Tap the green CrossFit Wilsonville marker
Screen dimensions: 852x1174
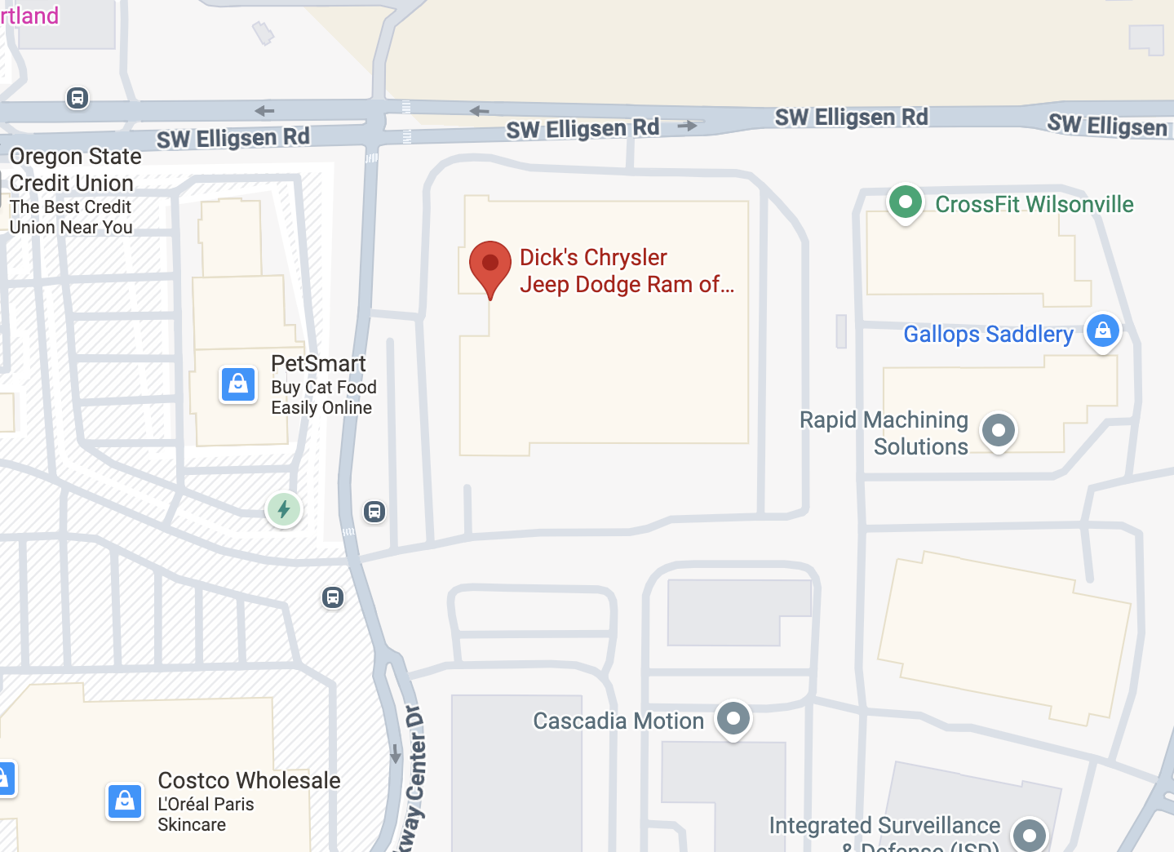tap(905, 202)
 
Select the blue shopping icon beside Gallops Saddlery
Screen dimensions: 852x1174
tap(1103, 331)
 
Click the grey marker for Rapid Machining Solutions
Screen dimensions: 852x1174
tap(999, 429)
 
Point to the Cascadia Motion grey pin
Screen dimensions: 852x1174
tap(733, 718)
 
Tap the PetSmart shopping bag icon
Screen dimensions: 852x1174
tap(238, 384)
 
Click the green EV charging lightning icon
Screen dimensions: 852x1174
tap(284, 509)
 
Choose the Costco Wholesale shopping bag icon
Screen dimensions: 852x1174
tap(125, 801)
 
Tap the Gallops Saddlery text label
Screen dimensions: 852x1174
tap(988, 335)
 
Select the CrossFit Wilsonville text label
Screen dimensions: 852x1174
tap(1034, 204)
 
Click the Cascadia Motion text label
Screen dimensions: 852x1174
tap(618, 721)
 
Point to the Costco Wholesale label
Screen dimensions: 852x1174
tap(249, 781)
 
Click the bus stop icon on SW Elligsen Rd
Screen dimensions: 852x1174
tap(78, 99)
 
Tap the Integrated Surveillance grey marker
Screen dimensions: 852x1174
tap(1030, 834)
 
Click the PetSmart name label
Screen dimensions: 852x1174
tap(318, 363)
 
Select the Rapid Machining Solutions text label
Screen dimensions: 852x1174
tap(884, 433)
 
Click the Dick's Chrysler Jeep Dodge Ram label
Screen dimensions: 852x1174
tap(626, 271)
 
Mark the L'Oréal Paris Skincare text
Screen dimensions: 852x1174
tap(206, 814)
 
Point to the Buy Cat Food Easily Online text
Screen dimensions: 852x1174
tap(323, 397)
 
